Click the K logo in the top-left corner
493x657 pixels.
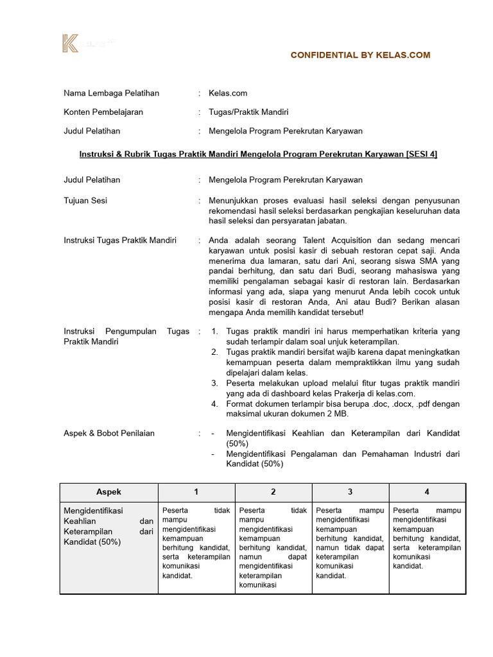point(70,44)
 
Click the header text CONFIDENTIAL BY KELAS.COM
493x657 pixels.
point(360,55)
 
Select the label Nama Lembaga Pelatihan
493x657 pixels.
point(111,93)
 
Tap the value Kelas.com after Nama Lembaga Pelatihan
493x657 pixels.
point(228,93)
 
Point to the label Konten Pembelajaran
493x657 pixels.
point(103,112)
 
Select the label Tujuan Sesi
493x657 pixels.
point(85,201)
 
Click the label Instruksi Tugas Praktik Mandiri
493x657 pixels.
point(119,240)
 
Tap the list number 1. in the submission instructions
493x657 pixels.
point(215,332)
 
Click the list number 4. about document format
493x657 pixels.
point(215,404)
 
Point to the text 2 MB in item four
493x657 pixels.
point(316,414)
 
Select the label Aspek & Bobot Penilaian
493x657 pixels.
point(109,433)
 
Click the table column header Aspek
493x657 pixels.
point(108,491)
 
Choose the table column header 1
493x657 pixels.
point(196,491)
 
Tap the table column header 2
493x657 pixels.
point(273,491)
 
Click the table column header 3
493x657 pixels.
point(350,491)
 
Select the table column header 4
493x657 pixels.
point(427,491)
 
